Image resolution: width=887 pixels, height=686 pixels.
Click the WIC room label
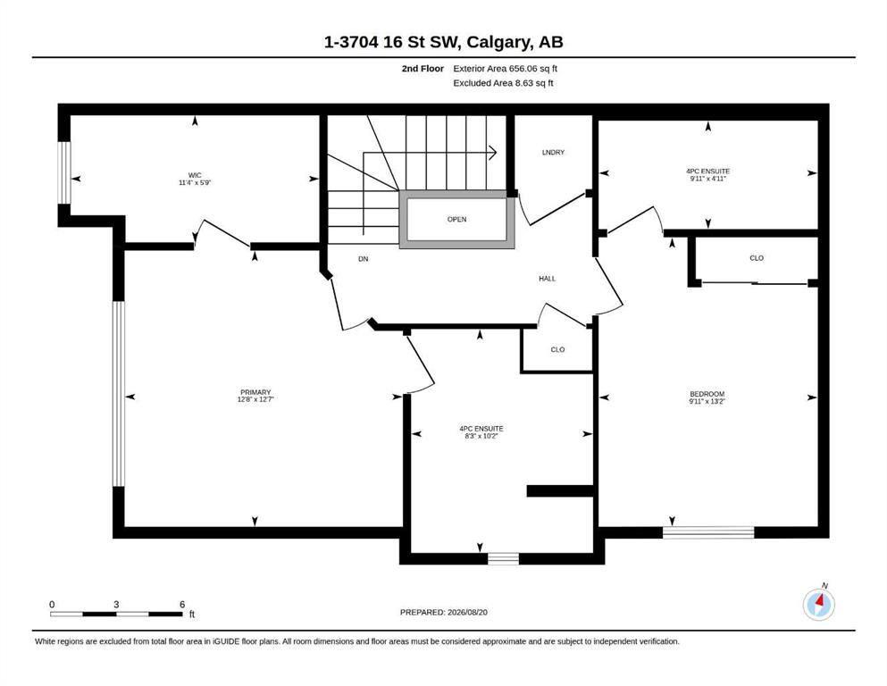(195, 175)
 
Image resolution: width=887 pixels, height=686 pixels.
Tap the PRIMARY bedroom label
(255, 392)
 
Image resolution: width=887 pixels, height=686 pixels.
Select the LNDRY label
(553, 152)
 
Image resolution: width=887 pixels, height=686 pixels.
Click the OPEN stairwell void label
(457, 220)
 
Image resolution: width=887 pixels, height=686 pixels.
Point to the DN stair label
(364, 259)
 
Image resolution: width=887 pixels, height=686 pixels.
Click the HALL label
(547, 279)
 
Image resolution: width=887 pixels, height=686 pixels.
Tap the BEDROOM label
(707, 394)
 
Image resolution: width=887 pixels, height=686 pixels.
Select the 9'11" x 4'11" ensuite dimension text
(707, 179)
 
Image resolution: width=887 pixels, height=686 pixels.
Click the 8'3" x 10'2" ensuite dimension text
(481, 436)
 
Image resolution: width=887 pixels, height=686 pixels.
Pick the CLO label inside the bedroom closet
(757, 258)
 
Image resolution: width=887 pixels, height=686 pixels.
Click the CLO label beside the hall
(557, 349)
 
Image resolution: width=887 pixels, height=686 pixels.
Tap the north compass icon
(818, 604)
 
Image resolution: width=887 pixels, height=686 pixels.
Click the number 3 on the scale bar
(116, 604)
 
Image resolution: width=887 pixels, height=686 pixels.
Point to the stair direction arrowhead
(493, 152)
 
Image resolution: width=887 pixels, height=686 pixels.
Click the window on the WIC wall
(65, 172)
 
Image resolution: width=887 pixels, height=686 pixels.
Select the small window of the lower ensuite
(504, 559)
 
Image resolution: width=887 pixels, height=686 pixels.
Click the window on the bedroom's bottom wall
(708, 532)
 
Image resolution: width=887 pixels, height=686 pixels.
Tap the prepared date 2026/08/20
(467, 612)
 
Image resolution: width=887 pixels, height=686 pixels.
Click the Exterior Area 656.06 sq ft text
(506, 69)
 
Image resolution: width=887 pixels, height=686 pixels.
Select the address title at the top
(443, 42)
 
